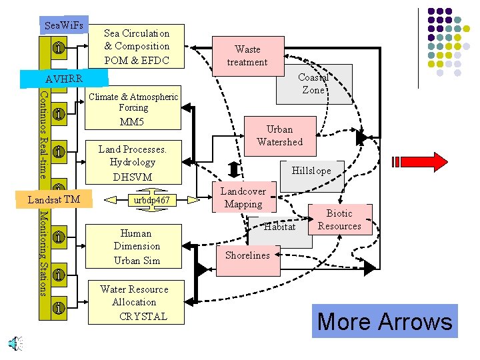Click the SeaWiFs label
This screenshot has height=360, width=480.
tap(64, 25)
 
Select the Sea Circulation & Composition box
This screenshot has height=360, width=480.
tap(137, 47)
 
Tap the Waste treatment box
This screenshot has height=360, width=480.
tap(247, 55)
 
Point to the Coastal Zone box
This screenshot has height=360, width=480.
tap(314, 85)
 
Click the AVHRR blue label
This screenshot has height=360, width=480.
tap(64, 79)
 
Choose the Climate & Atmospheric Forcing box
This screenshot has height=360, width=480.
tap(133, 109)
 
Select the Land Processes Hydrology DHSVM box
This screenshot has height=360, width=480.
tap(133, 163)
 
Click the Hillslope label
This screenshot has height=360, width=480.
tap(311, 171)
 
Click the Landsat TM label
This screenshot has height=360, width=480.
tap(54, 199)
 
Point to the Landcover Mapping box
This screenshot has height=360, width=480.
tap(243, 198)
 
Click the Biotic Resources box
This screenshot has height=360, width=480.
tap(339, 220)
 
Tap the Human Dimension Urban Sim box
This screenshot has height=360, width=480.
tap(137, 247)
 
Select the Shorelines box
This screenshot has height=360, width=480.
tap(247, 255)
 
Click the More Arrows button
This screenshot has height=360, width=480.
tap(385, 321)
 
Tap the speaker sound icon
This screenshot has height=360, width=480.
tap(14, 343)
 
